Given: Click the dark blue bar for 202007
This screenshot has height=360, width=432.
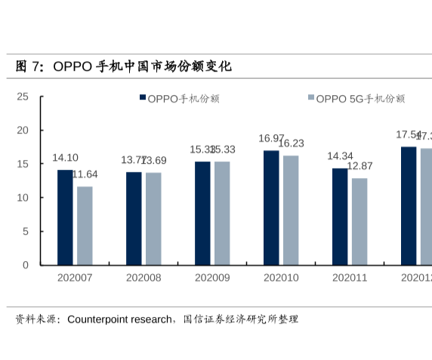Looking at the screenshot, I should coord(66,217).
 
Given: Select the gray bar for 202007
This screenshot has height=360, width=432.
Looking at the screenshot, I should coord(85,226).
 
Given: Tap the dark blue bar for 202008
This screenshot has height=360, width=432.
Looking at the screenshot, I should coord(134,218).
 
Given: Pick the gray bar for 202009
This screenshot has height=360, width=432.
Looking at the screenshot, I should coord(222,213).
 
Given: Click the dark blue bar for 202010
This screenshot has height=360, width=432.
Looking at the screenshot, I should coord(271,208).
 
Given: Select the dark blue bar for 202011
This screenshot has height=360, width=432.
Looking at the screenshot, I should coord(340,217).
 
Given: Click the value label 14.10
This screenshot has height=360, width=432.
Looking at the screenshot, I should coord(65,158).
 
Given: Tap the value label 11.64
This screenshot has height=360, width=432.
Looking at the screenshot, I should coord(85,174).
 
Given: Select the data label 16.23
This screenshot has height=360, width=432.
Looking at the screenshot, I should coord(291,143).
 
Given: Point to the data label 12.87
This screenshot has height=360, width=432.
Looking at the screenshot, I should coord(359,166).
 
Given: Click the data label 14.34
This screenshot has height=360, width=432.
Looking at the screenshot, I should coord(340,156).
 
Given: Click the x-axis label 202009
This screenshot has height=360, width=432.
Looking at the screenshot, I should coord(212,278).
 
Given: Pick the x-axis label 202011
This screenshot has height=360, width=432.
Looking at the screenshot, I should coord(350,278).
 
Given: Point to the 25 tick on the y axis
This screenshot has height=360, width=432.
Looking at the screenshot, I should coord(23,97).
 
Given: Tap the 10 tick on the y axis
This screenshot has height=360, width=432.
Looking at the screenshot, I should coord(23,198).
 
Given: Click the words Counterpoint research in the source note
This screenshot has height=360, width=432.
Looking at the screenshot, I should coord(119,319).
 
